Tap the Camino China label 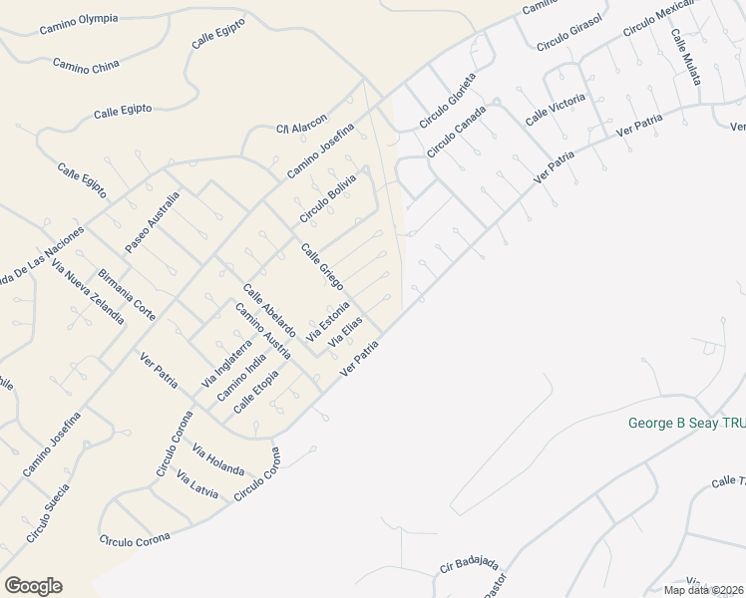[86, 66]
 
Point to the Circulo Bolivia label [327, 198]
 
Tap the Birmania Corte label [127, 295]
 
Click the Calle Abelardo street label [269, 310]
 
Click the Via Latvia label [196, 485]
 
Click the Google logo [33, 586]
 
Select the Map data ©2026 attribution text [704, 590]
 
